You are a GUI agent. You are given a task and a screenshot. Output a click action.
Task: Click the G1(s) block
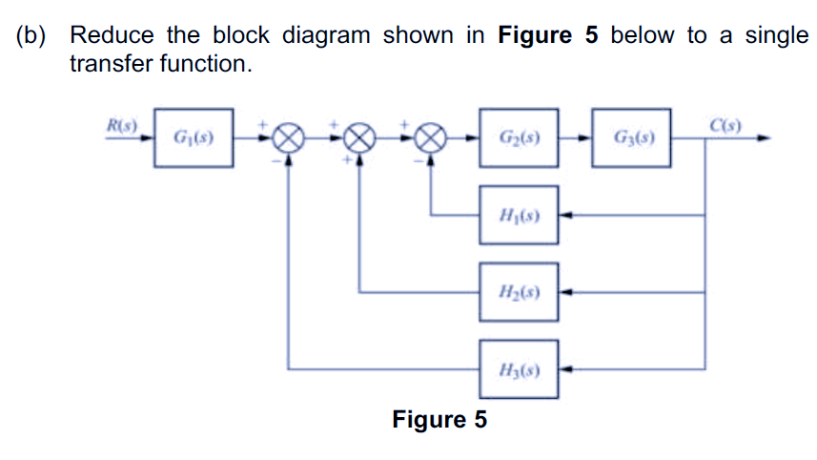(193, 138)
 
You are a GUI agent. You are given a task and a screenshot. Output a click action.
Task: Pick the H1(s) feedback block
(520, 215)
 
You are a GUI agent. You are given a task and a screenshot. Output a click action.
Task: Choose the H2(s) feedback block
(520, 290)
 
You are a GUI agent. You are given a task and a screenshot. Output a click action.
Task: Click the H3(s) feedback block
(520, 367)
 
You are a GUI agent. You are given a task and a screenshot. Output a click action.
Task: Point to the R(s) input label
(121, 125)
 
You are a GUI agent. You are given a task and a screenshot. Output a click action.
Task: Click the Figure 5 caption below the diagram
(439, 419)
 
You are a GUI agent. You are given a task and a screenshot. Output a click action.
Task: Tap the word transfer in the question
(114, 65)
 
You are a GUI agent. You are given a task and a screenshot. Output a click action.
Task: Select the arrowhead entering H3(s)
(564, 367)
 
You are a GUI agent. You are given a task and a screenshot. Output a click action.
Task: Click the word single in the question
(776, 36)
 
